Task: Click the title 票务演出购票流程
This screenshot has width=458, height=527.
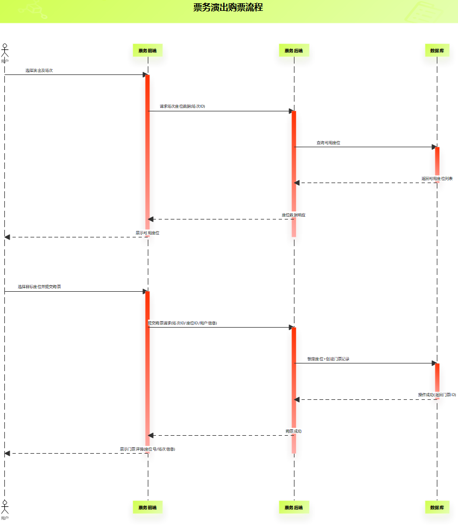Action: point(228,8)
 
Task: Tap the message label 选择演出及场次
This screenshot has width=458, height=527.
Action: point(39,71)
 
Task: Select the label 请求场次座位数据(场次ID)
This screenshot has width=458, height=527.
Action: point(183,106)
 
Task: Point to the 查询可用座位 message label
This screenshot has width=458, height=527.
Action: point(329,142)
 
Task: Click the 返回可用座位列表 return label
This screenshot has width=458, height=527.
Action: point(437,178)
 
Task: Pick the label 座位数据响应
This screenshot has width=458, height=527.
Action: point(293,215)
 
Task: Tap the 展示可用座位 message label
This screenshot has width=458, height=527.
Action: point(148,233)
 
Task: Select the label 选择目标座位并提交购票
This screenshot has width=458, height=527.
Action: point(40,286)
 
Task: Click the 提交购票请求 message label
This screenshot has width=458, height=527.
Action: point(183,323)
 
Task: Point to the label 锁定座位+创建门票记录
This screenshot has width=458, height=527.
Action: point(329,359)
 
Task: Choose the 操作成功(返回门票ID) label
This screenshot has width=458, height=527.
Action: point(437,394)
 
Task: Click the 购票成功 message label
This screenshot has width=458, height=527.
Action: point(293,431)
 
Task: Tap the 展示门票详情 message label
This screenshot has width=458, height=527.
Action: point(148,449)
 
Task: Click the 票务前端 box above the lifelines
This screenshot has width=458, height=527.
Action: point(148,51)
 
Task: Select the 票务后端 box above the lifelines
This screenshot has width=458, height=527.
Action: point(294,51)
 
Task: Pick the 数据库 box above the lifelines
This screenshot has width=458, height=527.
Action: point(437,51)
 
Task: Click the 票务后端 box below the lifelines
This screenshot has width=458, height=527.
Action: point(294,507)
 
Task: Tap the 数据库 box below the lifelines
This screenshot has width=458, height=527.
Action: point(437,507)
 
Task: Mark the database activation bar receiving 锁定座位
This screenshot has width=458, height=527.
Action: point(437,381)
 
